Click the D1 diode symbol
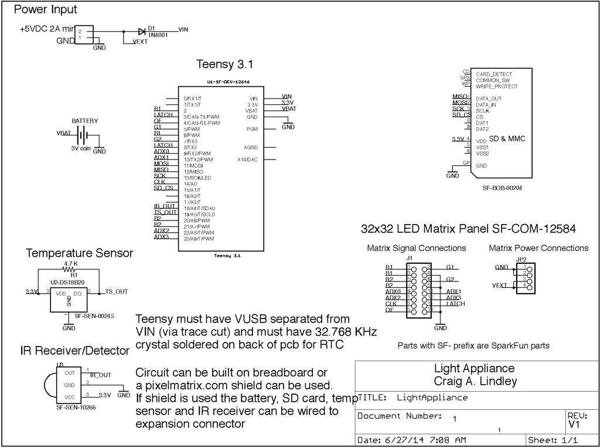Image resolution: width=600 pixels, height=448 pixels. tap(142, 32)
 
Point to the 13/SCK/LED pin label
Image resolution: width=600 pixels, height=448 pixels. tap(198, 178)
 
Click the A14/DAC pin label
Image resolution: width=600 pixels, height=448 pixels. tap(248, 159)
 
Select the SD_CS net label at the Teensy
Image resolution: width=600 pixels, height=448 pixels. tap(163, 188)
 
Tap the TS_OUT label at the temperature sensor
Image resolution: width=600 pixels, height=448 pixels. tap(117, 291)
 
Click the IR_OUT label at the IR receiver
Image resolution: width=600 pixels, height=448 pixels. tap(100, 374)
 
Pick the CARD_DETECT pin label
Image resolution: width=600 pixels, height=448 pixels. tap(493, 74)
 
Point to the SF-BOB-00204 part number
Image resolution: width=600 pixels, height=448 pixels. tap(502, 188)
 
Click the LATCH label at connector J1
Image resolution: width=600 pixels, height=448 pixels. tap(455, 304)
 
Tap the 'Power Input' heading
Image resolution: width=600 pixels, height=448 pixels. tap(45, 10)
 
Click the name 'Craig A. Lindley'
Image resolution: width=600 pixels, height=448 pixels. tap(474, 381)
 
